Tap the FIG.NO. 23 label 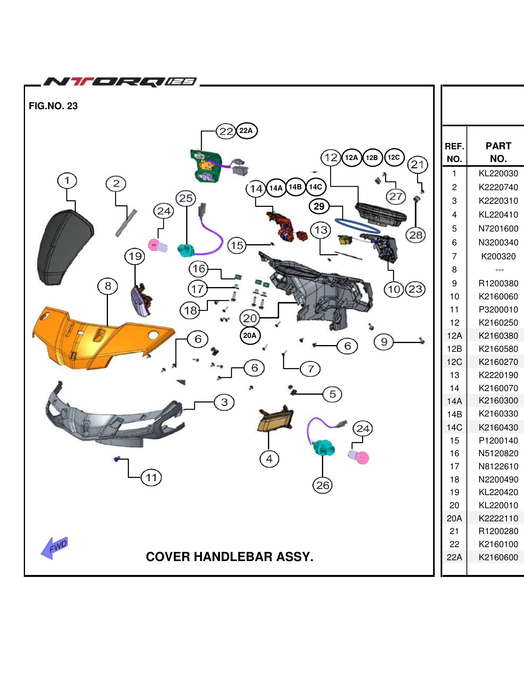point(53,106)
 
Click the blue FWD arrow point(56,548)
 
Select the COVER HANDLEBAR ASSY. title point(229,557)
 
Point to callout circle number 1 point(67,181)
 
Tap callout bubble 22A point(247,131)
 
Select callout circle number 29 point(319,206)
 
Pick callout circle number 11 point(151,477)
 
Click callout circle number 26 point(323,485)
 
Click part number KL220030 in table point(498,174)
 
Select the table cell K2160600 point(498,557)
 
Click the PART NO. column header point(498,152)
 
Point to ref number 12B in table point(455,349)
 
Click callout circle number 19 point(135,256)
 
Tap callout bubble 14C point(316,187)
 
